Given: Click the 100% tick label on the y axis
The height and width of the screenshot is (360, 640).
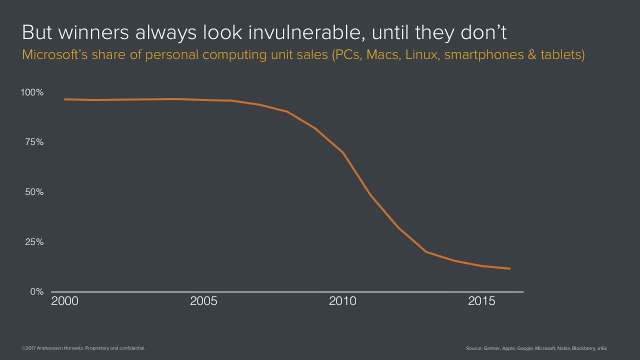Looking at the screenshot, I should pyautogui.click(x=32, y=92).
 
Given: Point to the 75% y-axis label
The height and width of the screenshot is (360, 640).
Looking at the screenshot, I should pyautogui.click(x=34, y=142).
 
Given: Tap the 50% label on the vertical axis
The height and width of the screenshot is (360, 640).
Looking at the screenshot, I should pyautogui.click(x=34, y=192).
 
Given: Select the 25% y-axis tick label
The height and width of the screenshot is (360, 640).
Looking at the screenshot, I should pyautogui.click(x=34, y=242).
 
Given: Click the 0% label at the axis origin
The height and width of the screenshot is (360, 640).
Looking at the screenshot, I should pyautogui.click(x=36, y=291).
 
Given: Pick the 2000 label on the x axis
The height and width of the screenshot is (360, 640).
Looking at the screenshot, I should pyautogui.click(x=65, y=301).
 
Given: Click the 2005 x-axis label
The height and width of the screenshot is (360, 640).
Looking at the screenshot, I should pyautogui.click(x=204, y=301).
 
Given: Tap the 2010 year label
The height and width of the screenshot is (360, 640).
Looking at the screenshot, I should pyautogui.click(x=342, y=301).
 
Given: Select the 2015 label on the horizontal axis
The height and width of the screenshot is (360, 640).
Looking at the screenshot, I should pyautogui.click(x=481, y=301).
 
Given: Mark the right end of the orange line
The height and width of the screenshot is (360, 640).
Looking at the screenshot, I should pyautogui.click(x=509, y=268).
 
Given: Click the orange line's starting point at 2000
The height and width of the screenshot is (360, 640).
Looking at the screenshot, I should pyautogui.click(x=65, y=99).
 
